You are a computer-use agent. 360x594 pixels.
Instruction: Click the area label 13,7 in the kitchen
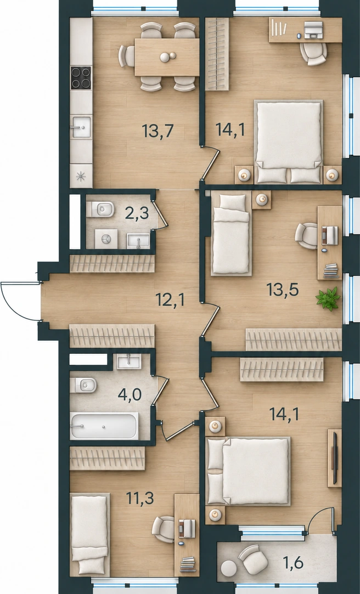(x=157, y=131)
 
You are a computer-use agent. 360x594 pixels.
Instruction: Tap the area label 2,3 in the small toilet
(x=137, y=213)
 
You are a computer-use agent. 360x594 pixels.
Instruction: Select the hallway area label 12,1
(x=170, y=300)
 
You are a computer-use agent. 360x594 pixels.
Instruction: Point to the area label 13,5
(x=283, y=290)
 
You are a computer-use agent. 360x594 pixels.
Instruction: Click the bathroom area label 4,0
(x=130, y=394)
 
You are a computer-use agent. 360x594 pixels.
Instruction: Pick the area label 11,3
(x=140, y=499)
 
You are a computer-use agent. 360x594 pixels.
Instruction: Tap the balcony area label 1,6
(x=293, y=563)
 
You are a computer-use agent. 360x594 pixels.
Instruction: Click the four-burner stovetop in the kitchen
(x=81, y=78)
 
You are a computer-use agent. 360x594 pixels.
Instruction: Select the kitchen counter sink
(x=81, y=127)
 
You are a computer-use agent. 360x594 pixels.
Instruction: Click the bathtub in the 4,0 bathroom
(x=104, y=426)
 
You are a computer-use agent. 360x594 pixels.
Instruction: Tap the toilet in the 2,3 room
(x=100, y=209)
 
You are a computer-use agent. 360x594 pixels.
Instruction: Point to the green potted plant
(x=328, y=299)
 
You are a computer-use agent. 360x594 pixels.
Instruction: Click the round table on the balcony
(x=228, y=568)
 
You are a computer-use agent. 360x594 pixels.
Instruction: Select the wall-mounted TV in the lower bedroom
(x=335, y=458)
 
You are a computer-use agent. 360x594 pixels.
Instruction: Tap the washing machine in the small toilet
(x=106, y=239)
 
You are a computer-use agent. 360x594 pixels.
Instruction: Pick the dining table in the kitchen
(x=167, y=57)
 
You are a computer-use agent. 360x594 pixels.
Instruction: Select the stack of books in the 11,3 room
(x=188, y=564)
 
